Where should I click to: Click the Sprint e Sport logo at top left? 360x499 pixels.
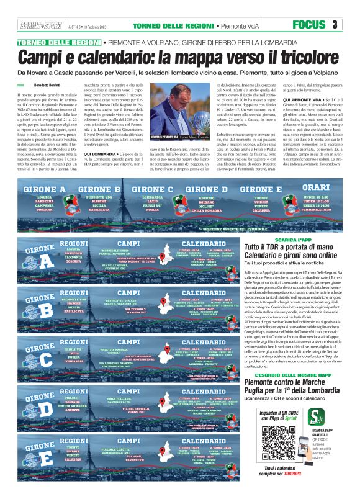37,24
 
